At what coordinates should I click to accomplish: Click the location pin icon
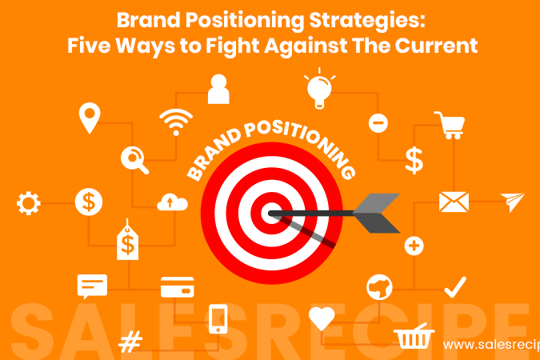point(88,118)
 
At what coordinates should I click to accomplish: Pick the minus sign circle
point(378,123)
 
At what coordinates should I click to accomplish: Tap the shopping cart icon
point(450,125)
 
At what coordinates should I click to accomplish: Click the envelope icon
point(454,202)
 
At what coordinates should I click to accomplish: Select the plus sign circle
point(414,246)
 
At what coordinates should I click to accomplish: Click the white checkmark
point(454,286)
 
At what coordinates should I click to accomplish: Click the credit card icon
point(177,286)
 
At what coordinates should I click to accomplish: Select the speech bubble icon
point(92,286)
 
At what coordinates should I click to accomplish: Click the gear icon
point(29,204)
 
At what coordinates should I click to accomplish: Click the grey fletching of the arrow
point(376,213)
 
